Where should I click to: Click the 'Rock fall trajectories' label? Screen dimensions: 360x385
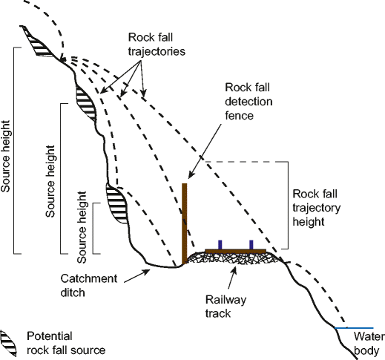coord(157,45)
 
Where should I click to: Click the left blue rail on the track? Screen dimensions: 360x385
coord(220,245)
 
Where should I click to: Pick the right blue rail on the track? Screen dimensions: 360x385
coord(251,245)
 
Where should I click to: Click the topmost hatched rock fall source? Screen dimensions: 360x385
coord(38,42)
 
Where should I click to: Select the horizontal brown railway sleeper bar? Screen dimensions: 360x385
coord(236,252)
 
